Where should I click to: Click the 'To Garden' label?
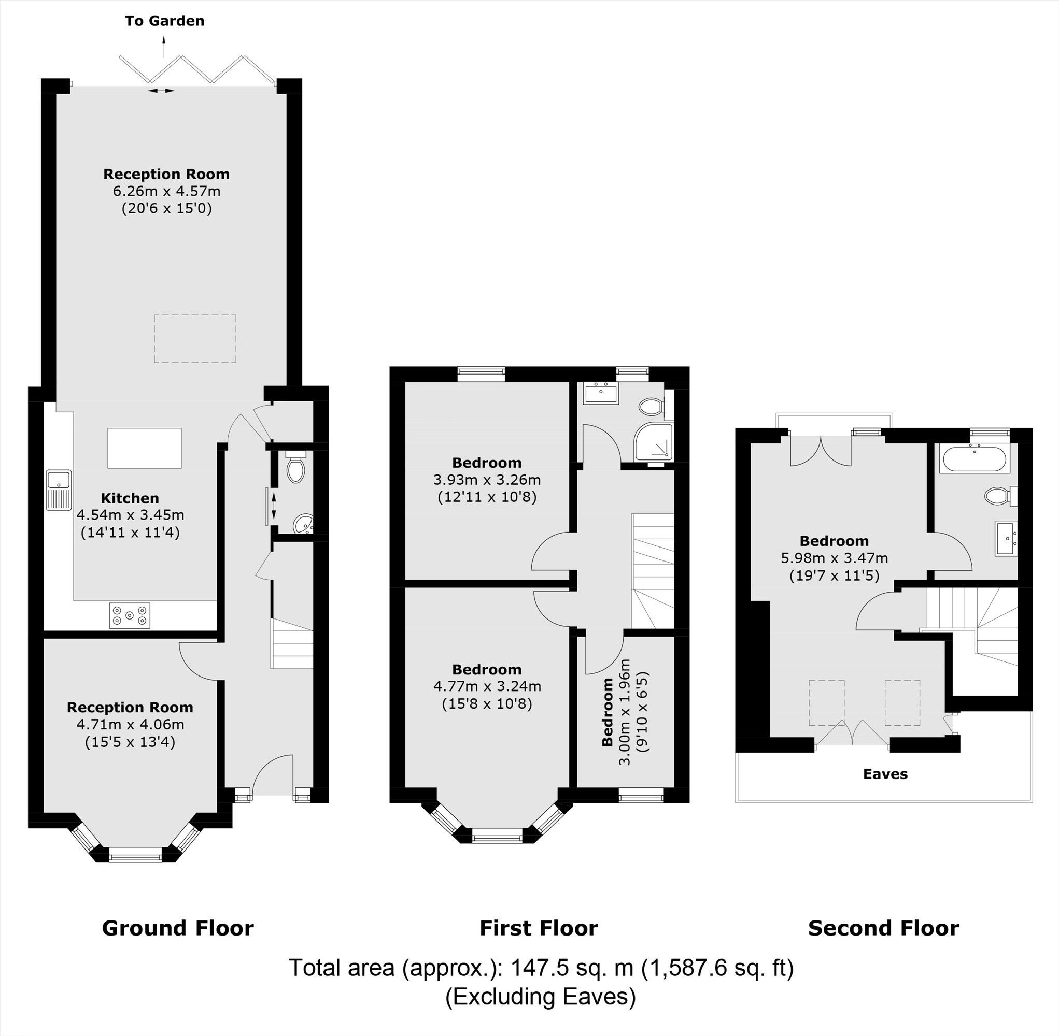[164, 21]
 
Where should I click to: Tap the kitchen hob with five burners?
[130, 615]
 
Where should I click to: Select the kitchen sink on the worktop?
[58, 489]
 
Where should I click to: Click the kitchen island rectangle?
[144, 448]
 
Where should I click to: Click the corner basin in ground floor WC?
[303, 525]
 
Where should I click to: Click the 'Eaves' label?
[885, 774]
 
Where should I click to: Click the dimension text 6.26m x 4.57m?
[166, 191]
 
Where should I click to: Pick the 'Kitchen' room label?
[130, 498]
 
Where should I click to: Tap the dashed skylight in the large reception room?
[195, 338]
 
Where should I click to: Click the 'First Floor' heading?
[539, 928]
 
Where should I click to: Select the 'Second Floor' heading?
[883, 928]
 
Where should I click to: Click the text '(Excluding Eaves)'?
[540, 996]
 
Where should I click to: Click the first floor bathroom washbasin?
[601, 393]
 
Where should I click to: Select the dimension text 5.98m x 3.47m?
[834, 558]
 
